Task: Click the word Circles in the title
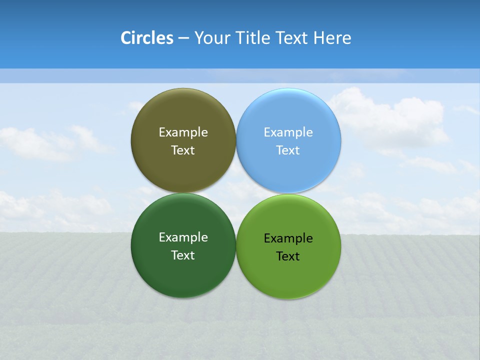(147, 38)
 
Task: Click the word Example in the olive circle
(183, 132)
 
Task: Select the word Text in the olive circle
(183, 150)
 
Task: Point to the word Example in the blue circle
(288, 132)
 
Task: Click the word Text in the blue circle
(288, 150)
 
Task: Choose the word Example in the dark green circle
(183, 237)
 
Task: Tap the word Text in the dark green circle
(183, 255)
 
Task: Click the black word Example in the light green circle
(288, 238)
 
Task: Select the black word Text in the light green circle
(288, 256)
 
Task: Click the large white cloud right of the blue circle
(395, 120)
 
